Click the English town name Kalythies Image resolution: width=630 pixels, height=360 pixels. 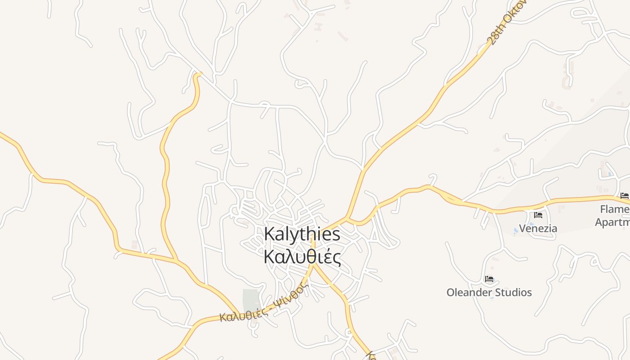coord(302,234)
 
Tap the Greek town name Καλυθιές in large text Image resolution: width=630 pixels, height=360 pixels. coord(302,257)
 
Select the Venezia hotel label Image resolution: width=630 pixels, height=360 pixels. coord(538,229)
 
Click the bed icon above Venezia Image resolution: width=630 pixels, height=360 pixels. coord(538,215)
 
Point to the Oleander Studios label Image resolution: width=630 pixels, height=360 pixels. coord(489,292)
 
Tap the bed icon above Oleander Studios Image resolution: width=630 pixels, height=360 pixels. coord(489,279)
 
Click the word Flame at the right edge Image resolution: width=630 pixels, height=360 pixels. coord(615,209)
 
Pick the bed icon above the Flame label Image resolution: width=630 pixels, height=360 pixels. coord(624,196)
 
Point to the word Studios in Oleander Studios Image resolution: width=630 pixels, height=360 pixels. coord(510,292)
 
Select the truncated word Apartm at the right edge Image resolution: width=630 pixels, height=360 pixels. coord(612,222)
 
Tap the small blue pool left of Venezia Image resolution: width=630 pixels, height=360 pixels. coord(516,231)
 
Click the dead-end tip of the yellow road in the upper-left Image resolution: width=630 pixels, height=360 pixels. coord(198,74)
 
